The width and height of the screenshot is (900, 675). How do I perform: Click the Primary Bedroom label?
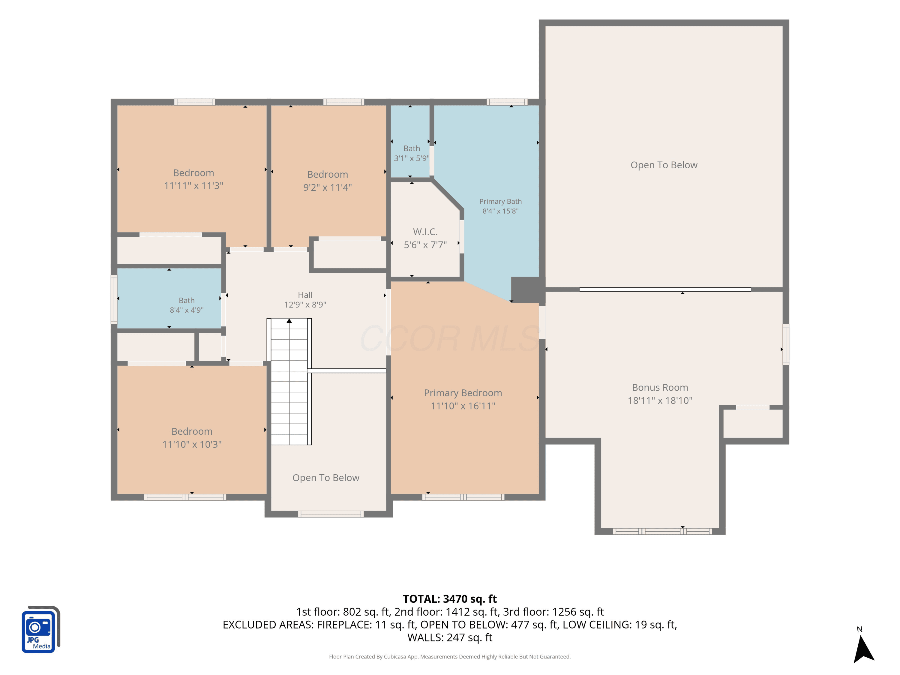pos(463,393)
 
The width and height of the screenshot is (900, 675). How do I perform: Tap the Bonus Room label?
pos(660,387)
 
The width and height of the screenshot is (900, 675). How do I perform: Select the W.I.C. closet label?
pos(425,232)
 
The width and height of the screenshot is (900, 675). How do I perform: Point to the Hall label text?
pos(305,295)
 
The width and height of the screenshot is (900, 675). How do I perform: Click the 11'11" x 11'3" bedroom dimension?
pos(194,186)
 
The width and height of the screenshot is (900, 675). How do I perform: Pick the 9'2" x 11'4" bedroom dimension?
pos(328,187)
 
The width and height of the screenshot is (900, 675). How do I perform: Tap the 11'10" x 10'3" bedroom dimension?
pos(192,444)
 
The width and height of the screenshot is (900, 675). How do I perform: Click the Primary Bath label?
pos(500,201)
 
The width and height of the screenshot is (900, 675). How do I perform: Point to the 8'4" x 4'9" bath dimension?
pos(187,310)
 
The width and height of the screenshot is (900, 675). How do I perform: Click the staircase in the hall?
pos(289,382)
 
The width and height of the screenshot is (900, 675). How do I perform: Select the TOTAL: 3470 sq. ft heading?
pos(450,599)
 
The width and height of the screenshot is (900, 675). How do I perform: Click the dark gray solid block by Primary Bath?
pos(527,290)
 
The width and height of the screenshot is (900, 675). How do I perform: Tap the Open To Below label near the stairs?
pos(326,478)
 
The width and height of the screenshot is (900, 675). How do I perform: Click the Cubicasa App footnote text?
pos(450,657)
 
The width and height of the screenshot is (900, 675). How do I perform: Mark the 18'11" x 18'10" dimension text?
pos(660,400)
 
